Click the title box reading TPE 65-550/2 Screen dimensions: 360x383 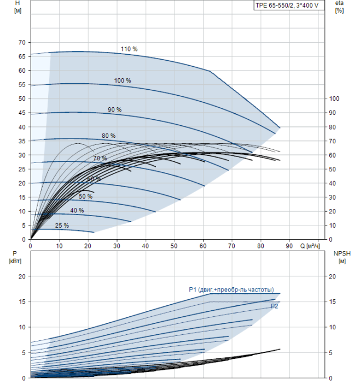[x=289, y=5]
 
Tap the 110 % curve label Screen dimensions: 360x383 [x=129, y=49]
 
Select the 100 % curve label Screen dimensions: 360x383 [x=123, y=80]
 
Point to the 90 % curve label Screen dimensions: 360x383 [x=115, y=109]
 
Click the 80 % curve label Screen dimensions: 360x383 [x=109, y=136]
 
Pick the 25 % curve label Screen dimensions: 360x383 [x=62, y=225]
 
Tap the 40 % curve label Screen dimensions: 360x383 [x=77, y=210]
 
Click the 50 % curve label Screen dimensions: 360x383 [x=85, y=196]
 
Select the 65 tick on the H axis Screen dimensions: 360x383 [x=22, y=56]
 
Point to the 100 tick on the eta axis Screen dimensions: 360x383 [x=334, y=98]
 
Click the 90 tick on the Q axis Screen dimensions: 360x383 [x=289, y=246]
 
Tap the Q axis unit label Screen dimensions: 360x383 [x=310, y=246]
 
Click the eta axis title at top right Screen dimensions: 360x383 [x=339, y=7]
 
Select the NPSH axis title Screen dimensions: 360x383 [x=342, y=257]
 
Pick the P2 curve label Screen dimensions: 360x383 [x=275, y=306]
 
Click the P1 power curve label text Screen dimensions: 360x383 [x=231, y=289]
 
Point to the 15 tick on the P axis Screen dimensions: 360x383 [x=22, y=301]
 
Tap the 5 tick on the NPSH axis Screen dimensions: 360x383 [x=330, y=353]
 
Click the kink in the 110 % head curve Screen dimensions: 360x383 [x=210, y=71]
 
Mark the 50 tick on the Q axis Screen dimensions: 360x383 [x=174, y=246]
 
